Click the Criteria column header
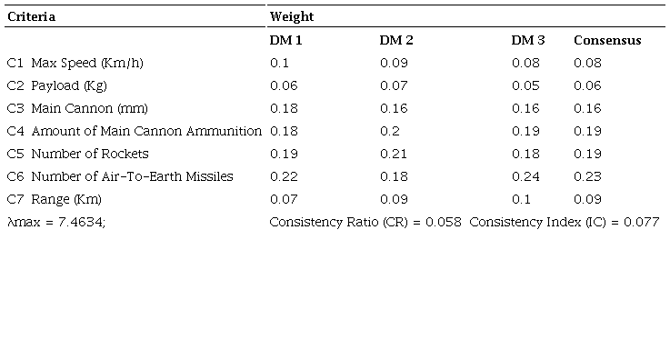(31, 17)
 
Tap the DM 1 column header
(286, 40)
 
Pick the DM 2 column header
(396, 40)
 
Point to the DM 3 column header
(528, 40)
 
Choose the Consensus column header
(607, 40)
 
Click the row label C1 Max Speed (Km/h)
(75, 63)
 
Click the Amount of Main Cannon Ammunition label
(146, 131)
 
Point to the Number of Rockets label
(90, 154)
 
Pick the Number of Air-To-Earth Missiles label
(132, 176)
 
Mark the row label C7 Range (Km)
(55, 199)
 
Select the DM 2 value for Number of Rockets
(393, 154)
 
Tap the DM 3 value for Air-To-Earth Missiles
(525, 176)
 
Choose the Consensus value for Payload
(587, 85)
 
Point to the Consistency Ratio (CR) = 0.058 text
(365, 222)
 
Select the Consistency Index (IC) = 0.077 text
(565, 222)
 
